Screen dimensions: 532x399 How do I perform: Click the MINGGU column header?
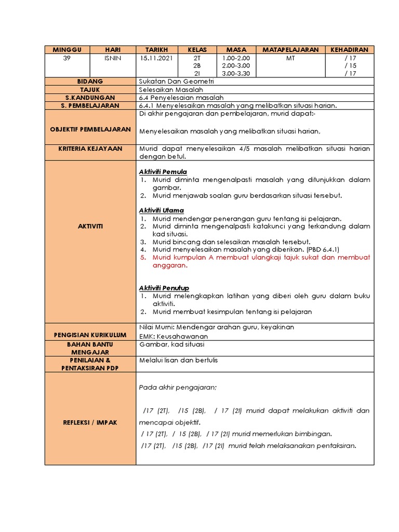click(x=66, y=50)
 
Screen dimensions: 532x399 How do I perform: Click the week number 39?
click(x=66, y=58)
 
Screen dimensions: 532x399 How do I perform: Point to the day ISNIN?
click(x=113, y=58)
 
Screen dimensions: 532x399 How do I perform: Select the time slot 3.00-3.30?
click(x=235, y=74)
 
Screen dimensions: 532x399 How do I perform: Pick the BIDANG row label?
click(x=90, y=82)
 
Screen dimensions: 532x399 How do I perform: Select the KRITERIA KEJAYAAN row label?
click(x=90, y=149)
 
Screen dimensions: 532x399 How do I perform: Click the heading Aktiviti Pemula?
click(x=163, y=172)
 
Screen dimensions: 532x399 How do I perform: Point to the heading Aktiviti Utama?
click(x=161, y=210)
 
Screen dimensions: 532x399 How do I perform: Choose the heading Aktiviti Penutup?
click(x=164, y=288)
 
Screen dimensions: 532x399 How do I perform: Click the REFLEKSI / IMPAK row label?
click(x=90, y=422)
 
